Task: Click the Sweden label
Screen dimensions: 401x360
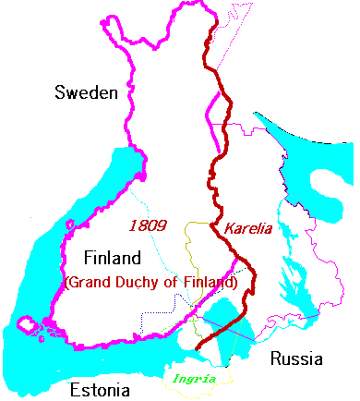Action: coord(86,92)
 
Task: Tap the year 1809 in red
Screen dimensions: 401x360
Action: coord(148,225)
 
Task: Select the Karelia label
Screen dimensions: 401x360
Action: coord(247,227)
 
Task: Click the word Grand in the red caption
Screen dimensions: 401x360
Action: coord(93,282)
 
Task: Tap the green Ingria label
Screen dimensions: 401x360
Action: coord(199,378)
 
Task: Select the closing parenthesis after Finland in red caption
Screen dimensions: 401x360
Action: coord(236,282)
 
